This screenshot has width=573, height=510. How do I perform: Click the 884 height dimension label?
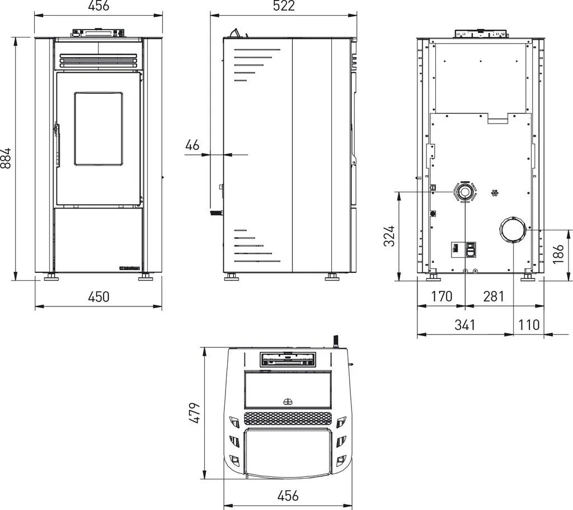(x=6, y=158)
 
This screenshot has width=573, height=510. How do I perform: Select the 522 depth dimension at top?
(x=284, y=6)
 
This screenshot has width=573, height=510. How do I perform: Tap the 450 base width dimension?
(x=98, y=296)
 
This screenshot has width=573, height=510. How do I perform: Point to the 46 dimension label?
(x=192, y=145)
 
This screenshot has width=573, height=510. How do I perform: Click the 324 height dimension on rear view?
(x=389, y=236)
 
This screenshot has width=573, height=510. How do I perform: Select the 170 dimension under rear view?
(x=442, y=296)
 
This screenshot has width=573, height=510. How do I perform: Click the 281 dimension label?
(x=494, y=296)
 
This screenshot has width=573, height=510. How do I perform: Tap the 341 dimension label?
(x=465, y=324)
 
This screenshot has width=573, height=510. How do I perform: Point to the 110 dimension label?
(x=529, y=324)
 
